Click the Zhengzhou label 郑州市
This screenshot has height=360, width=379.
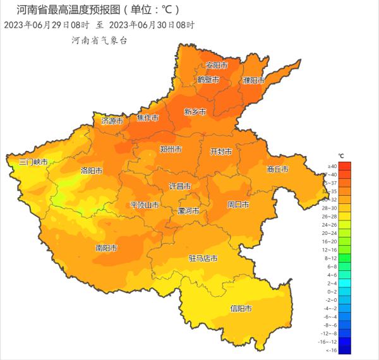[x=171, y=150]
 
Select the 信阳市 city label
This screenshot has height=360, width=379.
[x=241, y=309]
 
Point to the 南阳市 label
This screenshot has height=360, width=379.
[x=106, y=248]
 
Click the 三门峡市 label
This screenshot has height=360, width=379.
[x=33, y=162]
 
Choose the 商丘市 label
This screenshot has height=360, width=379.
[x=278, y=169]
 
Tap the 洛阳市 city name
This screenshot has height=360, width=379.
[x=91, y=171]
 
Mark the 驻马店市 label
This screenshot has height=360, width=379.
[x=203, y=259]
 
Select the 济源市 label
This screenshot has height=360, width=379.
[x=113, y=120]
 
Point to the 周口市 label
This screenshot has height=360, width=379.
[x=238, y=205]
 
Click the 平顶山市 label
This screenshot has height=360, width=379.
[x=145, y=205]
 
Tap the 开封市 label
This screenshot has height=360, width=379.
[x=221, y=152]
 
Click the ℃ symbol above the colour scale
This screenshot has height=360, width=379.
[x=340, y=155]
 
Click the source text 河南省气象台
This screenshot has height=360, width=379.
[x=99, y=40]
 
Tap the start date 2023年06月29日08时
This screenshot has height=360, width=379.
[x=47, y=25]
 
